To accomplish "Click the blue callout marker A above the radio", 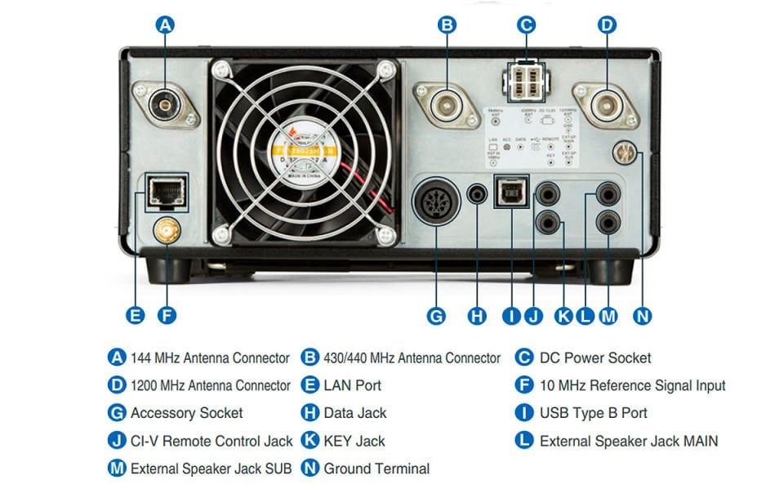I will tap(165, 25).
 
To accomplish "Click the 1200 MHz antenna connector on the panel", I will tap(606, 104).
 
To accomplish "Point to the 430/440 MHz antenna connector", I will tap(447, 104).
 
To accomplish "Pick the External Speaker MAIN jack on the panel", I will tap(608, 194).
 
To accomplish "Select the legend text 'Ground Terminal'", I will tap(376, 469).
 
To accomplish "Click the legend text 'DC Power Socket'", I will tap(595, 358).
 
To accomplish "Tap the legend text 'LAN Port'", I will tap(352, 385).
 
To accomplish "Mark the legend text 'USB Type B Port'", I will tap(594, 413).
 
